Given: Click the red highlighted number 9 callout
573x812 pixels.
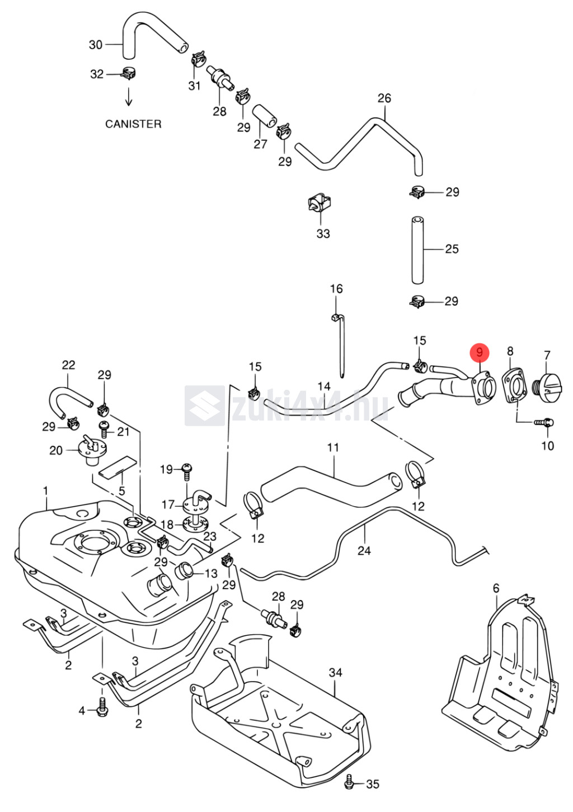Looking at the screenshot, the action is (480, 352).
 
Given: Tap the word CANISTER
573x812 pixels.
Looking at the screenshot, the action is (133, 124).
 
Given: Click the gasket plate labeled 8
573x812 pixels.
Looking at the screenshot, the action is (514, 385).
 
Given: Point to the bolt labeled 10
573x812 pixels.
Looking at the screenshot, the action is (544, 422).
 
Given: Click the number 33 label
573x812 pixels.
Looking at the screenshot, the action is (323, 233).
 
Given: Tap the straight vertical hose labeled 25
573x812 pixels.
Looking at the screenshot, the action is (418, 250).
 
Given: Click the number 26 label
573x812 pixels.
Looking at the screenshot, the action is (384, 98).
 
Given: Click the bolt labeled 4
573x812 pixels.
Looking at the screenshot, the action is (101, 710).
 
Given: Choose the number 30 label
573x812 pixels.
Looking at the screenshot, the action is (96, 45).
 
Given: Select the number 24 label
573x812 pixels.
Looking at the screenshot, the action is (364, 550).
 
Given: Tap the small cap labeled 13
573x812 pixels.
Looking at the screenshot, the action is (185, 572).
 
